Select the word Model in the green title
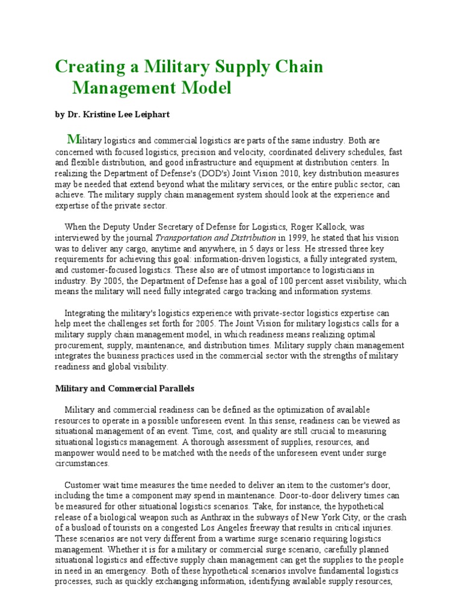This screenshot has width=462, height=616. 206,88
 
